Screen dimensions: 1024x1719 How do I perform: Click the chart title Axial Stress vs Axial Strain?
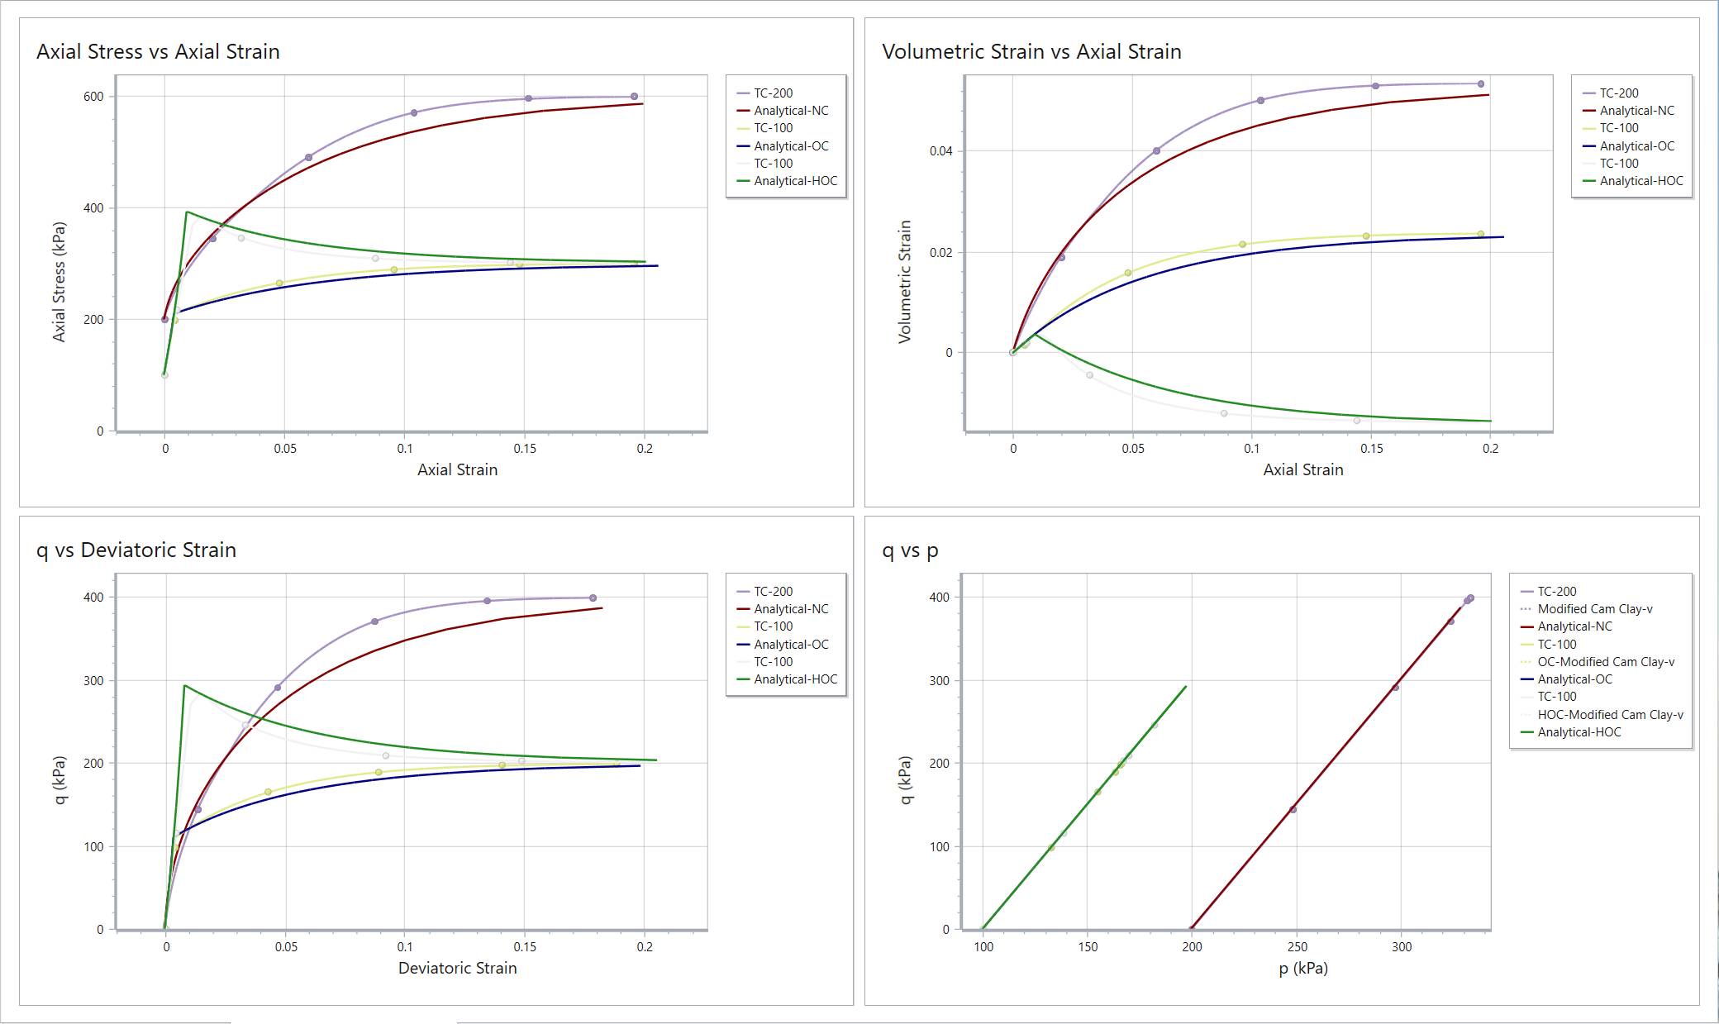[x=158, y=52]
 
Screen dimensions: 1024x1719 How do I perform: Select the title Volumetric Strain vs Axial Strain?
[x=1031, y=52]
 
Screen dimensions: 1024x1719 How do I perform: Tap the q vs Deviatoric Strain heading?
[x=136, y=550]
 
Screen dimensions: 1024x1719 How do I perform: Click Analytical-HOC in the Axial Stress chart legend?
[x=795, y=181]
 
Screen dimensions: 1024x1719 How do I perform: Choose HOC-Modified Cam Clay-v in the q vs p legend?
[x=1610, y=715]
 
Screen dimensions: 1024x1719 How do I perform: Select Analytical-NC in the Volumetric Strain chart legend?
[x=1636, y=111]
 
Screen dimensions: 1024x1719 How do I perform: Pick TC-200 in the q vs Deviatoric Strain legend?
[x=773, y=592]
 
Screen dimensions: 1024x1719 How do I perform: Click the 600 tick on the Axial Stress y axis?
[x=93, y=97]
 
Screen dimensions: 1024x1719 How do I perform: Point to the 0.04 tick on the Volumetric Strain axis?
[x=940, y=151]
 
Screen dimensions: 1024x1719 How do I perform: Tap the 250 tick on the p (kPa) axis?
[x=1297, y=947]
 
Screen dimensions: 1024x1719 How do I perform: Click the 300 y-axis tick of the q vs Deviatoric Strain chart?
[x=93, y=681]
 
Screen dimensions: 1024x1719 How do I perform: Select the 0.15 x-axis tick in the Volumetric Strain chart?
[x=1371, y=449]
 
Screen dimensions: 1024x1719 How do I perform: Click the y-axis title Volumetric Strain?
[x=905, y=281]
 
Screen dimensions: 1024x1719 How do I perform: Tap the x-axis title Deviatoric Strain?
[x=457, y=969]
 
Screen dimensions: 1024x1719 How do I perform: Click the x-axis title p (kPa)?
[x=1303, y=969]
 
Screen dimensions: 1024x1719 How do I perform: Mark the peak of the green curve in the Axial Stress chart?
[x=188, y=212]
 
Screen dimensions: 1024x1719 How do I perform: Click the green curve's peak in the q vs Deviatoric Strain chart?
[x=184, y=686]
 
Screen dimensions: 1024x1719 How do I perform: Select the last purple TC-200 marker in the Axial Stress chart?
[x=634, y=97]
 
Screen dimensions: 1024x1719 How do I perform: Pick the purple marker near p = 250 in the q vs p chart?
[x=1293, y=810]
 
